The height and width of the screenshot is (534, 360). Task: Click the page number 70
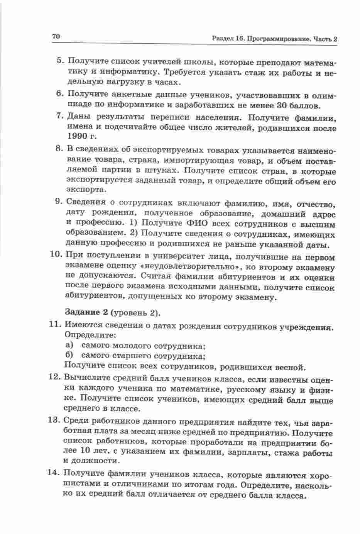[x=55, y=37]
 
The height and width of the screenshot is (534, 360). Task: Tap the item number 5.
[x=59, y=61]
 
